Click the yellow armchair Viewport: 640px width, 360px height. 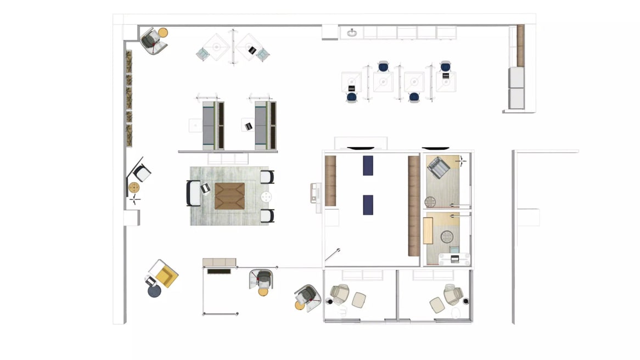(x=165, y=273)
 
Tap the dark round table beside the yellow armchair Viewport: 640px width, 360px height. (x=154, y=291)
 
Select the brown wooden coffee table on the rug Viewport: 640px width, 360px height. (x=229, y=196)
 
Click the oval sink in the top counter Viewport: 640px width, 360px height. (x=351, y=33)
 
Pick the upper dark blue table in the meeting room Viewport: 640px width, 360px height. (x=368, y=165)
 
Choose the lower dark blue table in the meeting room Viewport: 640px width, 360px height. (x=368, y=205)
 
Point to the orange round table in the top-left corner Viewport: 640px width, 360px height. (x=163, y=32)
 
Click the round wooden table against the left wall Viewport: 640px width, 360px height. (x=134, y=188)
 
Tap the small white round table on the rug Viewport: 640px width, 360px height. (x=267, y=196)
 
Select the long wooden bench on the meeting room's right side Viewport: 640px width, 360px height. (x=414, y=206)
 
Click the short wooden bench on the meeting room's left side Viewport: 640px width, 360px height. (x=330, y=181)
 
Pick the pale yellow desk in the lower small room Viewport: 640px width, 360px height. (x=428, y=230)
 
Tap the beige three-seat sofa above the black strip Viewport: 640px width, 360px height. (x=219, y=262)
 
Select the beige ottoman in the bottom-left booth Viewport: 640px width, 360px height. (x=359, y=299)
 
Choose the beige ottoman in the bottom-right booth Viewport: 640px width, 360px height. (x=437, y=305)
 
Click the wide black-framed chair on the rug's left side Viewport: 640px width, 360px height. (x=194, y=193)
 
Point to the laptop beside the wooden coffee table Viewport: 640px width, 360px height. (x=206, y=189)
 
